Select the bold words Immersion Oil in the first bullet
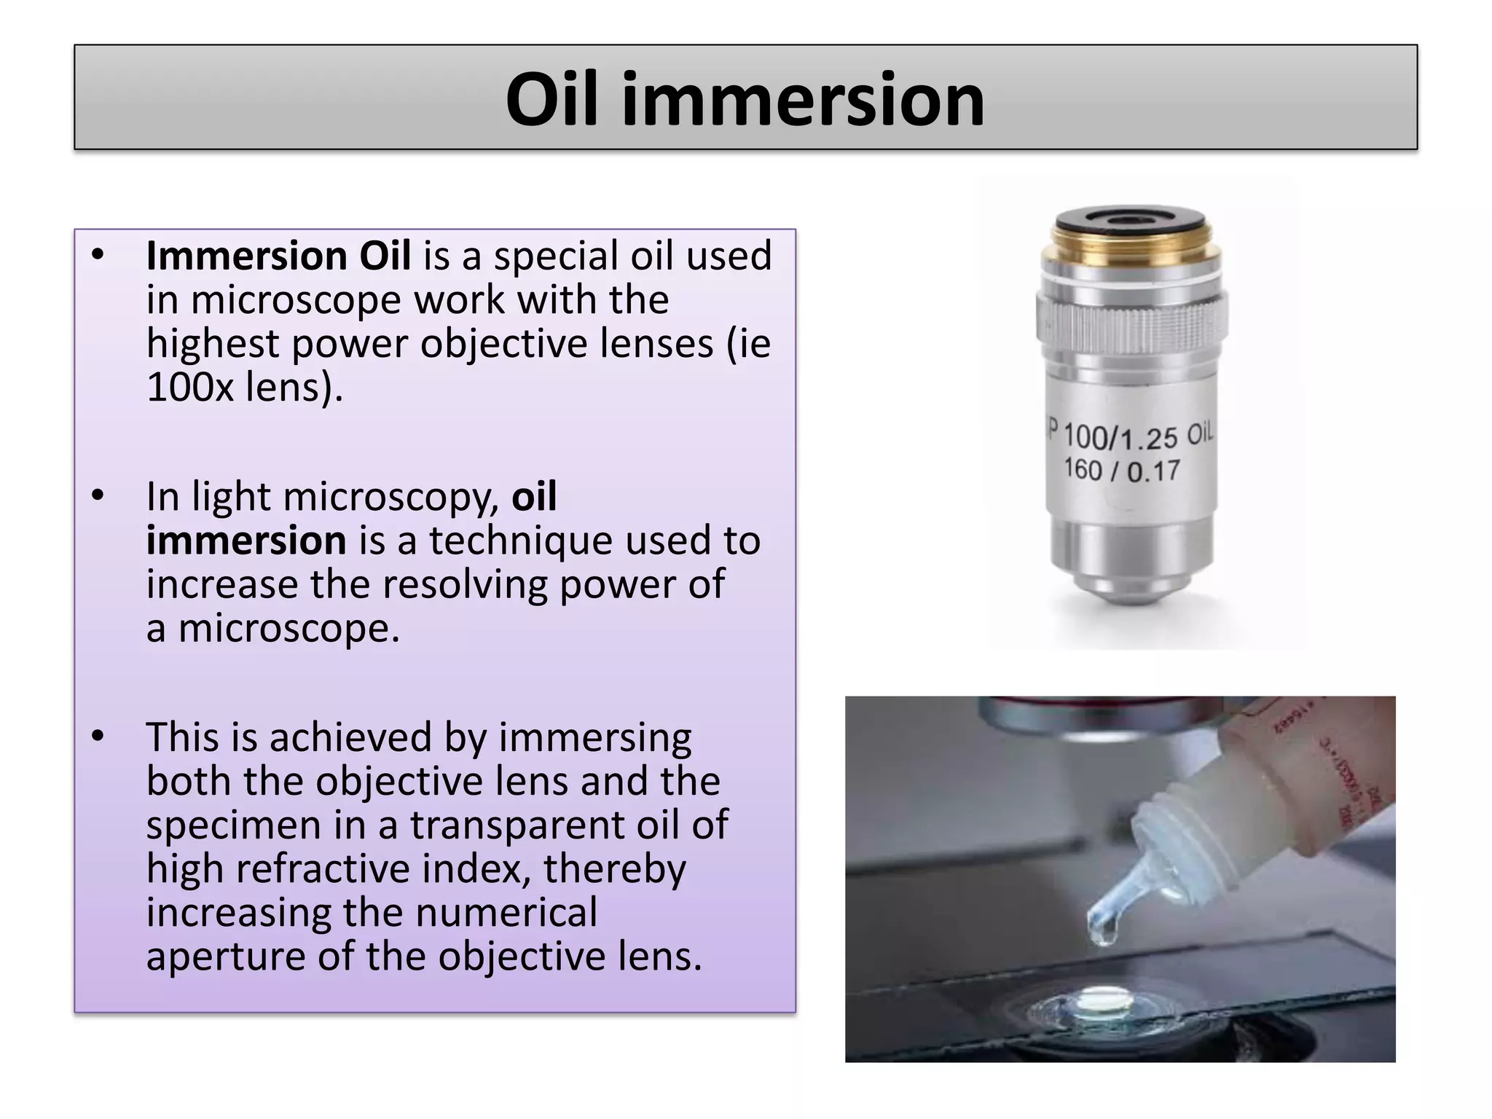tap(278, 256)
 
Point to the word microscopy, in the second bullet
tap(390, 497)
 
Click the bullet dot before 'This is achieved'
tap(98, 737)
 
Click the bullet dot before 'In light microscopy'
tap(98, 496)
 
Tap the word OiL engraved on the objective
tap(1200, 434)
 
